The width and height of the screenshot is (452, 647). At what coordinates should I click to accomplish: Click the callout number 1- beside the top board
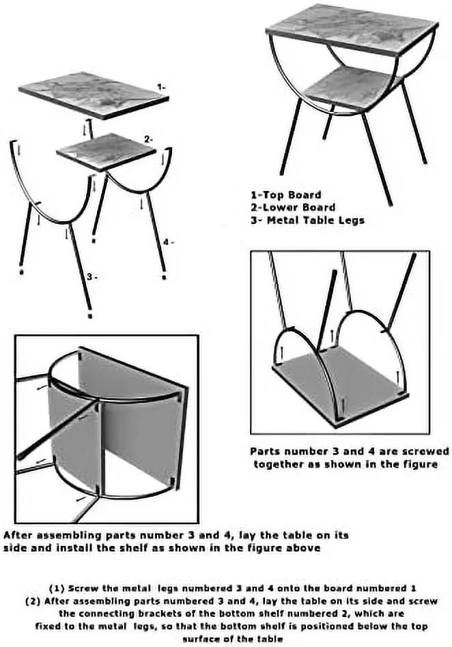pos(161,87)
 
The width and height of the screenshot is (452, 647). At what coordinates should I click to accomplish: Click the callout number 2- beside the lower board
pos(149,139)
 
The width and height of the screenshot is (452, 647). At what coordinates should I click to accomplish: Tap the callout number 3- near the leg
pos(92,277)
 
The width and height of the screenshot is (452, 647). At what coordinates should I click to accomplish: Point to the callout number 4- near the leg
pos(169,242)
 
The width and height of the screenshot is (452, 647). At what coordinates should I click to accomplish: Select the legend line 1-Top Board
pos(285,195)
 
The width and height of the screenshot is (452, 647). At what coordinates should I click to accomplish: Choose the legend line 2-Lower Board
pos(293,207)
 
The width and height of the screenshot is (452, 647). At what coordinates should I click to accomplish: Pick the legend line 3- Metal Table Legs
pos(307,220)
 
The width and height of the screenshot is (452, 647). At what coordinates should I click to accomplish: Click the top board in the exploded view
pos(94,95)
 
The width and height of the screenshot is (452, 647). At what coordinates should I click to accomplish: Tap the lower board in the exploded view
pos(107,152)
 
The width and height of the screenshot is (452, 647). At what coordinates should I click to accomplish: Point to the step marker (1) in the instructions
pos(57,588)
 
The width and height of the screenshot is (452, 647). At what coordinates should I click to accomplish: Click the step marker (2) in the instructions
pos(33,601)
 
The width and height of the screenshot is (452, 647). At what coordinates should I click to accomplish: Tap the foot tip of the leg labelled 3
pos(90,316)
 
